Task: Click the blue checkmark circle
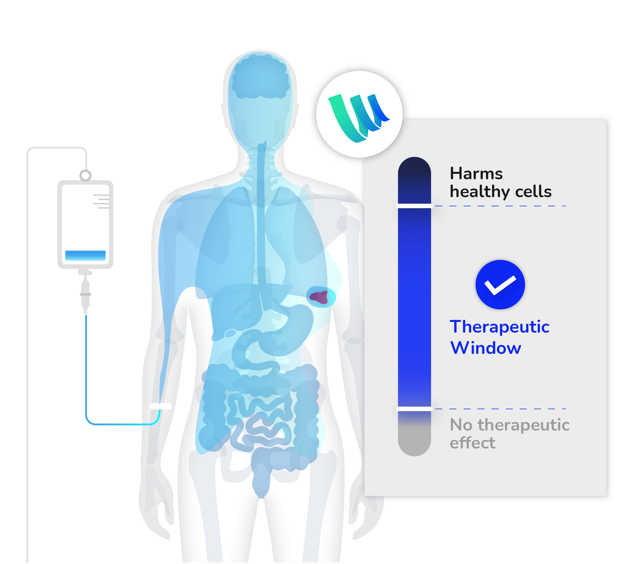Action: tap(500, 284)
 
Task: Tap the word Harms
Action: tap(476, 174)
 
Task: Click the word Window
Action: tap(486, 348)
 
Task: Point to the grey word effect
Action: tap(472, 443)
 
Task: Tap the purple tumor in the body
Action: tap(319, 297)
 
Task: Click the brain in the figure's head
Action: tap(260, 76)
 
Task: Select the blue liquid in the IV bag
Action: tap(85, 255)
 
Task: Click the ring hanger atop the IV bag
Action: tap(85, 175)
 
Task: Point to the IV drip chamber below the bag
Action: tap(85, 294)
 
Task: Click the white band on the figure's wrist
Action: tap(160, 406)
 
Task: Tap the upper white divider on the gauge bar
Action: tap(414, 206)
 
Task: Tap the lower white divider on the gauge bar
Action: tap(414, 409)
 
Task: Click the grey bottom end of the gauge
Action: tap(414, 441)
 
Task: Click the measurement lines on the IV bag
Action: tap(102, 202)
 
